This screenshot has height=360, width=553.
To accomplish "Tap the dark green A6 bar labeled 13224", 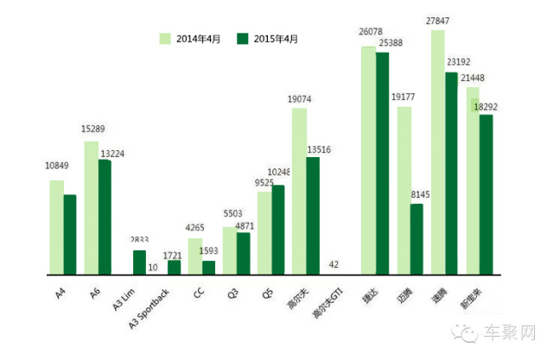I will pyautogui.click(x=105, y=217).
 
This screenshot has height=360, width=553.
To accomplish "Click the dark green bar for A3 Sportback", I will pyautogui.click(x=174, y=268).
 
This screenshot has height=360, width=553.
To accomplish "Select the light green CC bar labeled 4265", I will pyautogui.click(x=195, y=256).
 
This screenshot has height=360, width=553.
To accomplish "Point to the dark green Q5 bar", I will pyautogui.click(x=278, y=230).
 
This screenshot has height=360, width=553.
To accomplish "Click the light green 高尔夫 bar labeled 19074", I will pyautogui.click(x=299, y=191).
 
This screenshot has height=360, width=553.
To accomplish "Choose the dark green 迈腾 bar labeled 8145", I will pyautogui.click(x=416, y=239).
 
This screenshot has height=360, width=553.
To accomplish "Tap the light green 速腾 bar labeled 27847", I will pyautogui.click(x=438, y=152).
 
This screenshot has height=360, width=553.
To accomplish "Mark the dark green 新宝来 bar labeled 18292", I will pyautogui.click(x=486, y=194).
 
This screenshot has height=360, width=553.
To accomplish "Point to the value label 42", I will pyautogui.click(x=334, y=264).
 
